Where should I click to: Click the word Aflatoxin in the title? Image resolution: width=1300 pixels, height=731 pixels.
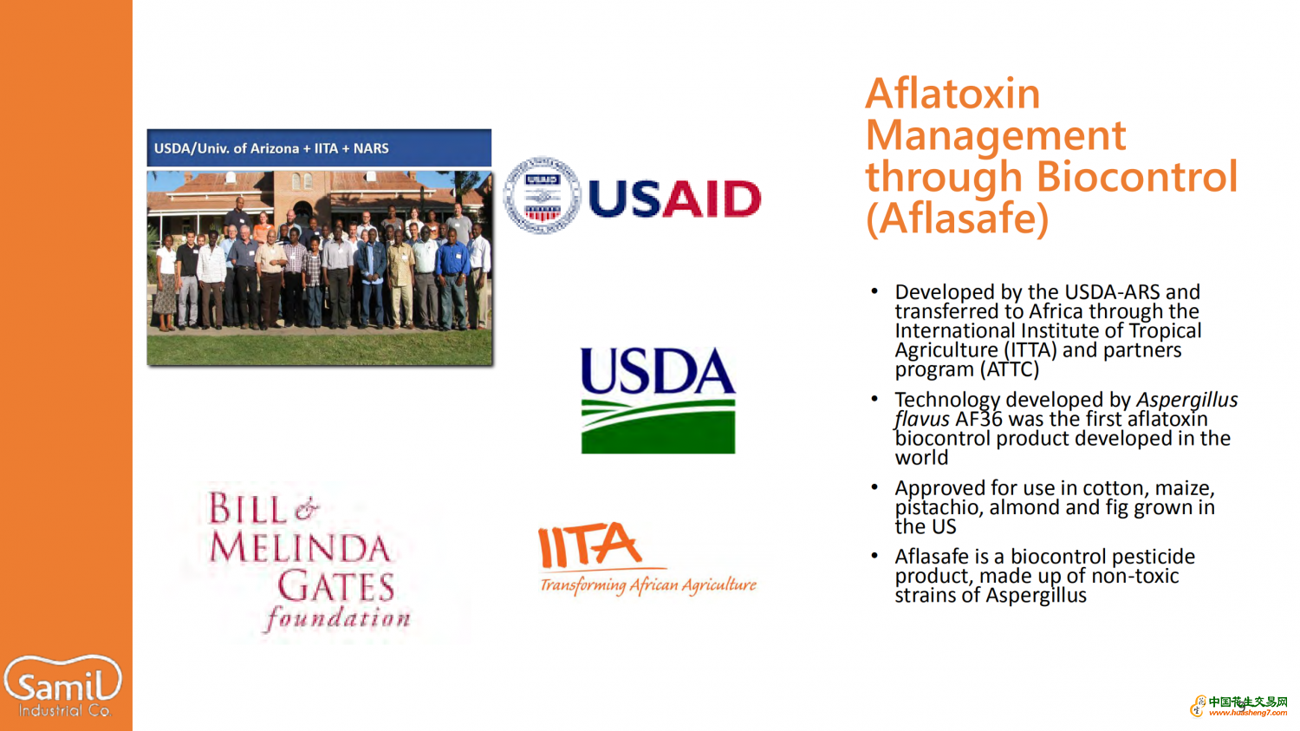pyautogui.click(x=952, y=93)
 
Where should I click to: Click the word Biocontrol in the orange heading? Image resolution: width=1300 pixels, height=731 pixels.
pyautogui.click(x=1137, y=176)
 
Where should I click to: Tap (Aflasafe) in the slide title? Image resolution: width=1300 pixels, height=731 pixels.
pyautogui.click(x=957, y=219)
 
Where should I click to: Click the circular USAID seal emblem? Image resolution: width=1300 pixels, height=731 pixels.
pyautogui.click(x=542, y=195)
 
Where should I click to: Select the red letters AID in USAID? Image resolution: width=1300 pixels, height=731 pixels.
pyautogui.click(x=712, y=199)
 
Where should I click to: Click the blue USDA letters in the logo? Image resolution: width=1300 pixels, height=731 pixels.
pyautogui.click(x=658, y=371)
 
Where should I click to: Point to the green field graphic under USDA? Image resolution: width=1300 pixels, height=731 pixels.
pyautogui.click(x=658, y=426)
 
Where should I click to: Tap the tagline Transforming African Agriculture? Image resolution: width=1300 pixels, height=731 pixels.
pyautogui.click(x=648, y=585)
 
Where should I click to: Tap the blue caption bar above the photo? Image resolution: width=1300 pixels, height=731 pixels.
pyautogui.click(x=319, y=148)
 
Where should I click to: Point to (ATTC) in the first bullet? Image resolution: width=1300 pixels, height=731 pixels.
pyautogui.click(x=1010, y=369)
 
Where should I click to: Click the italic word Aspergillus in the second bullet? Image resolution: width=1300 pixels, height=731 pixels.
pyautogui.click(x=1186, y=401)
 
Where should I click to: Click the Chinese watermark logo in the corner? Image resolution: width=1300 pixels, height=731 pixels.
pyautogui.click(x=1239, y=706)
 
